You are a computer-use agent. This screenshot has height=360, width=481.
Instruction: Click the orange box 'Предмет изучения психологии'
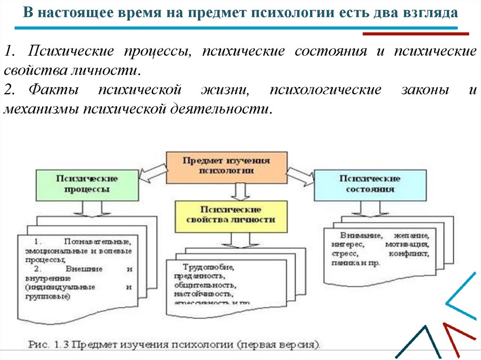(x=226, y=166)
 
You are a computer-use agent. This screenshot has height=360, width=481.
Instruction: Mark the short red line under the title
(x=416, y=34)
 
